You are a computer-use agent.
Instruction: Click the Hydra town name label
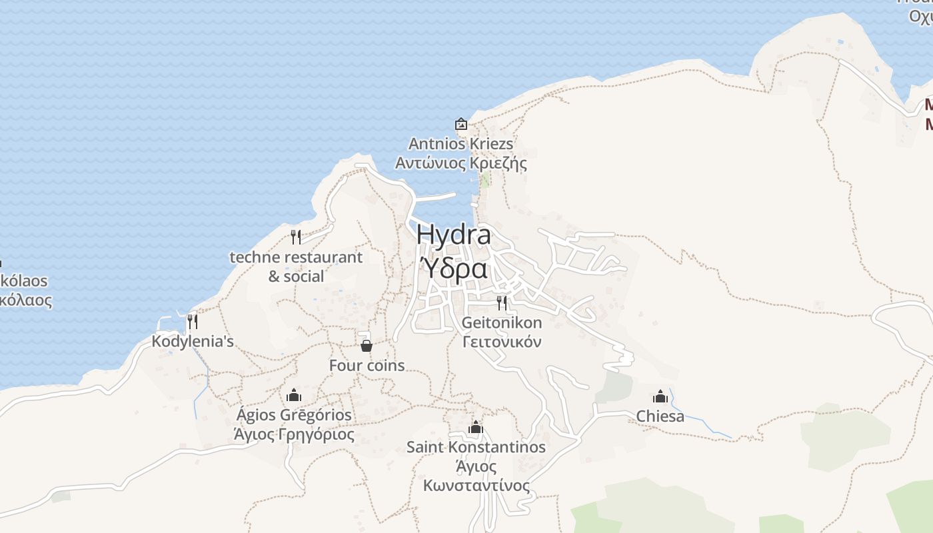(x=454, y=235)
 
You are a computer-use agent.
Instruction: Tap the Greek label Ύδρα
(x=454, y=269)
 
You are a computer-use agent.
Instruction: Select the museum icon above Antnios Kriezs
(x=461, y=124)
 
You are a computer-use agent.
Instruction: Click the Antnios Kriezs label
(x=461, y=144)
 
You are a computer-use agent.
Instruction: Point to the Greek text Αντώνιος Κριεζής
(x=461, y=163)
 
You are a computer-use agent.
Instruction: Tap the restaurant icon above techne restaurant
(x=296, y=237)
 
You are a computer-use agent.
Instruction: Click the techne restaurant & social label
(x=296, y=266)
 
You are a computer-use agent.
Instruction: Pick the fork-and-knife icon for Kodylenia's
(x=192, y=321)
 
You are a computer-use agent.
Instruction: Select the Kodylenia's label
(x=193, y=342)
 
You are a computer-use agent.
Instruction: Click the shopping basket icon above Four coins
(x=366, y=345)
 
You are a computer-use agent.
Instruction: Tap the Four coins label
(x=367, y=366)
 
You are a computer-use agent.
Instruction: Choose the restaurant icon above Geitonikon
(x=502, y=302)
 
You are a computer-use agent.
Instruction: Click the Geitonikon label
(x=502, y=323)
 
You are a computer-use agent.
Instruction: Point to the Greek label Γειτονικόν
(x=502, y=342)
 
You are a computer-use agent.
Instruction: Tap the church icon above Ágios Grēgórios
(x=294, y=395)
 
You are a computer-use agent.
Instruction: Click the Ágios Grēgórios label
(x=294, y=415)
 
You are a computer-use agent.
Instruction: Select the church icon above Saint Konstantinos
(x=475, y=427)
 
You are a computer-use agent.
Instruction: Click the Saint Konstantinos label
(x=476, y=447)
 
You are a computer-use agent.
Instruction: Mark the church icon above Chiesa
(x=660, y=396)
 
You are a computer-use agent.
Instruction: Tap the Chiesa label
(x=660, y=416)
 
